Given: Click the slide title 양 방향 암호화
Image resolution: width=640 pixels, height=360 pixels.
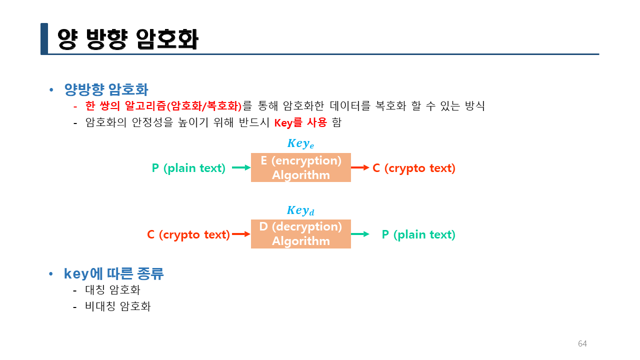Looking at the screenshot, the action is (128, 39).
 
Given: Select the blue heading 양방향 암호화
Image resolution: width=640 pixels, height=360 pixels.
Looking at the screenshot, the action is (106, 89).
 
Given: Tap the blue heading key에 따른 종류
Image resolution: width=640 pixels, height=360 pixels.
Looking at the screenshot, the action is (114, 273).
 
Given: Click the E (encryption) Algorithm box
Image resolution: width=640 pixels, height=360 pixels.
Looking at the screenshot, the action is (300, 167).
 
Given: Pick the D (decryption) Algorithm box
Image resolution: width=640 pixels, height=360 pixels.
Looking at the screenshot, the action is (300, 233).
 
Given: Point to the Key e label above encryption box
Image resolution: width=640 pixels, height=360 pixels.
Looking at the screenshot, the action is (300, 143).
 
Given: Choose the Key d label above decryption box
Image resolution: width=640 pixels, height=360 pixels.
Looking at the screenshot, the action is (300, 210).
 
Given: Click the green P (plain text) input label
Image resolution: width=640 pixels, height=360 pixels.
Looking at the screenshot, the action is (188, 168).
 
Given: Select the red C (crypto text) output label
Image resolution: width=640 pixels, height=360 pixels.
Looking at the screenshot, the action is (414, 168).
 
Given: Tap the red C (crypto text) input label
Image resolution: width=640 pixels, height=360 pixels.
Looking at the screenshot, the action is (188, 234).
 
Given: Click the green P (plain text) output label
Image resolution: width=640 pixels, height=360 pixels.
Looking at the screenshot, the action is (418, 234).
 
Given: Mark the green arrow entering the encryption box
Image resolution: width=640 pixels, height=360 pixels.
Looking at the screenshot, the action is (241, 168).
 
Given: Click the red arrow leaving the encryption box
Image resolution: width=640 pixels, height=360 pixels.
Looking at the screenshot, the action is (360, 168).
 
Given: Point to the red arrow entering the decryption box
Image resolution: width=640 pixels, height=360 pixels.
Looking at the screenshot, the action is (241, 234).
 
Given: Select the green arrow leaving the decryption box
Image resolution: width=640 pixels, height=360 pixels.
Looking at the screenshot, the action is (360, 234).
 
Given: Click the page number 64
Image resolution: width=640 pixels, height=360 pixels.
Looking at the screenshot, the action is (582, 343).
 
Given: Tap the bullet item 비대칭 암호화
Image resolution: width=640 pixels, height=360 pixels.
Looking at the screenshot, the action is (118, 306).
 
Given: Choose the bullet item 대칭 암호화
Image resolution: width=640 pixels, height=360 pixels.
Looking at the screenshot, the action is (113, 289).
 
